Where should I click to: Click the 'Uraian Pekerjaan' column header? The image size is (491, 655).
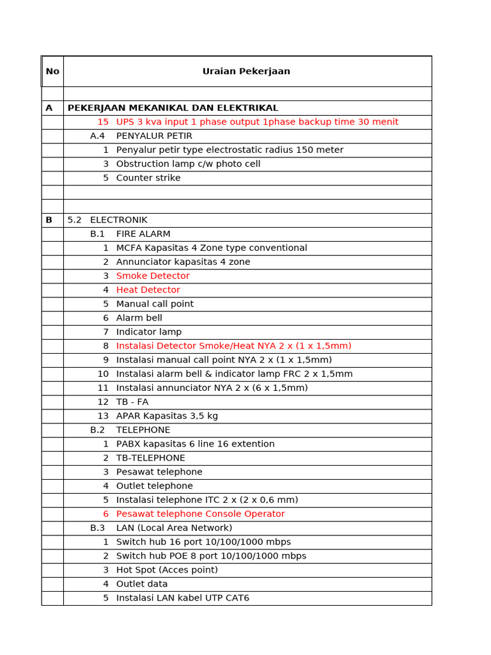coord(246,72)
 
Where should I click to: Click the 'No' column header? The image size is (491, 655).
coord(52,72)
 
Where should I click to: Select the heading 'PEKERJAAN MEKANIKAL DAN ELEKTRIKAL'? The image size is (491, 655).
coord(173,108)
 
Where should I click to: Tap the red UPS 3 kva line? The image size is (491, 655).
coord(257,122)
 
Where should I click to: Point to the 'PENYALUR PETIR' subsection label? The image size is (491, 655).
coord(154,136)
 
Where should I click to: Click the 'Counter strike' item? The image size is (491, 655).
coord(148,178)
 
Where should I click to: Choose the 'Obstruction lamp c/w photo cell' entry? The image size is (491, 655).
coord(188,164)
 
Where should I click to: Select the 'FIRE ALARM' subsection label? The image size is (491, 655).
coord(143,234)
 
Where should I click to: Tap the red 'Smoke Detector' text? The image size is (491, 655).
coord(153,276)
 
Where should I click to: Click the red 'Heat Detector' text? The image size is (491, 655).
coord(148,290)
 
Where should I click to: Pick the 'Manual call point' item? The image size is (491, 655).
coord(155,304)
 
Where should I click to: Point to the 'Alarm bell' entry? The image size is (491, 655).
coord(139,318)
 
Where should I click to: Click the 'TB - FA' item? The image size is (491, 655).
coord(132,402)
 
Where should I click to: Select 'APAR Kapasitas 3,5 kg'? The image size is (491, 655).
coord(167,416)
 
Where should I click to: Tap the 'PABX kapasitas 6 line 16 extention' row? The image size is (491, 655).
coord(195,444)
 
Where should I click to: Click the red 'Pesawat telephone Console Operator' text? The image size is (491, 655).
coord(200,514)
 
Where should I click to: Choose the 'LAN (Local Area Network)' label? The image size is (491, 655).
coord(174,528)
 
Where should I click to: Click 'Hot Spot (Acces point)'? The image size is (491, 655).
coord(167,570)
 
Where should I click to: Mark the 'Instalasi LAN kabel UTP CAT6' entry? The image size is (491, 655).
coord(183,598)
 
